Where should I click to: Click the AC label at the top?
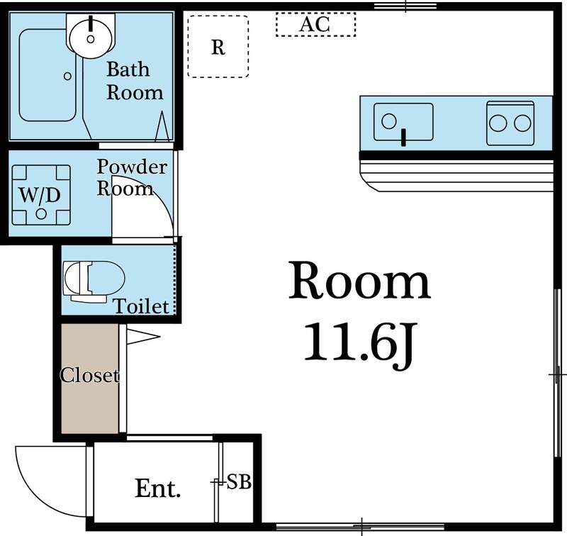click(315, 24)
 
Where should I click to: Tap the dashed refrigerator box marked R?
click(218, 47)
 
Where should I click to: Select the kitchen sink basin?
click(403, 123)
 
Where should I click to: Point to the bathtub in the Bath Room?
click(48, 74)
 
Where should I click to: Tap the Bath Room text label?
click(133, 81)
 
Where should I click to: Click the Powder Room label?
click(131, 177)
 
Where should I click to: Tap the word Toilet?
click(142, 306)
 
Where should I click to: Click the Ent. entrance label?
click(158, 488)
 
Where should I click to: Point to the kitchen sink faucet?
click(403, 136)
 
